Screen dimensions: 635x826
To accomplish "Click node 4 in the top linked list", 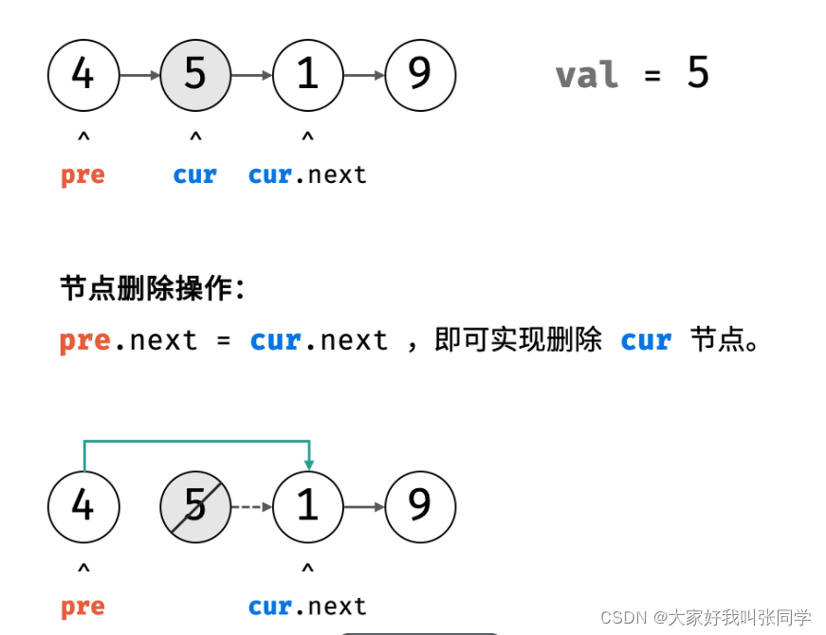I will (x=83, y=75).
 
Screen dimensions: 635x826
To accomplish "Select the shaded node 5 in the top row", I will (x=195, y=75).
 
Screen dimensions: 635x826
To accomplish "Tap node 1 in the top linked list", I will (x=307, y=75).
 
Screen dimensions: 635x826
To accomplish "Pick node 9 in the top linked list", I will (x=420, y=75).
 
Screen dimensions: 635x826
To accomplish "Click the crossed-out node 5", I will (x=195, y=507).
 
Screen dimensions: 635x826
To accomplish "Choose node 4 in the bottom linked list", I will (x=83, y=507).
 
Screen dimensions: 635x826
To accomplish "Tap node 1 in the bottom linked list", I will (x=307, y=507).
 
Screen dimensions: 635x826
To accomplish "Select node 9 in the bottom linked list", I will (x=420, y=507).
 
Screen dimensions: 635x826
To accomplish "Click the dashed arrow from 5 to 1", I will (x=251, y=507).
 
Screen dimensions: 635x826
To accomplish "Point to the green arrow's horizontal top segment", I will (x=196, y=441).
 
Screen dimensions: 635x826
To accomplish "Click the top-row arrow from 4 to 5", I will (x=139, y=75).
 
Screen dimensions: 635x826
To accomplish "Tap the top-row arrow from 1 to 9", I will (x=364, y=75).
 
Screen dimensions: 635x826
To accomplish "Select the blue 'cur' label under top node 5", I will (x=195, y=175).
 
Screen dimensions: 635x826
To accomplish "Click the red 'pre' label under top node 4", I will (x=83, y=176).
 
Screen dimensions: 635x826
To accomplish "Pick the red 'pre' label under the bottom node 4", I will (x=83, y=608).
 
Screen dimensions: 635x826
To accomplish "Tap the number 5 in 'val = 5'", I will (x=698, y=74).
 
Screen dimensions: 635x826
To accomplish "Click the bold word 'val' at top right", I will (x=587, y=75).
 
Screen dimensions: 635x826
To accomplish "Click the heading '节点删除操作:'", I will (x=152, y=288).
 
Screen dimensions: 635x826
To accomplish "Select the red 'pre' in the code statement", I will (x=84, y=340).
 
